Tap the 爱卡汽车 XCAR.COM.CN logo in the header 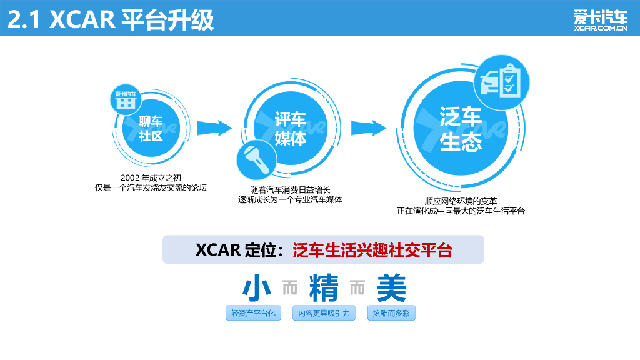point(600,19)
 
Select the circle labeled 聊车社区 point(151,128)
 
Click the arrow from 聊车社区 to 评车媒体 point(213,128)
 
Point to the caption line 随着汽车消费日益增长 point(290,189)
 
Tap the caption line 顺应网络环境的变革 point(461,201)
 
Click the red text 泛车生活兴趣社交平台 point(372,250)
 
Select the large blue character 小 point(257,289)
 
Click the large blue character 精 point(323,289)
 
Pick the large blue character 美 point(391,289)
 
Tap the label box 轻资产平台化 point(253,313)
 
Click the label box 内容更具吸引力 point(323,313)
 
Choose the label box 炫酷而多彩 point(391,313)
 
